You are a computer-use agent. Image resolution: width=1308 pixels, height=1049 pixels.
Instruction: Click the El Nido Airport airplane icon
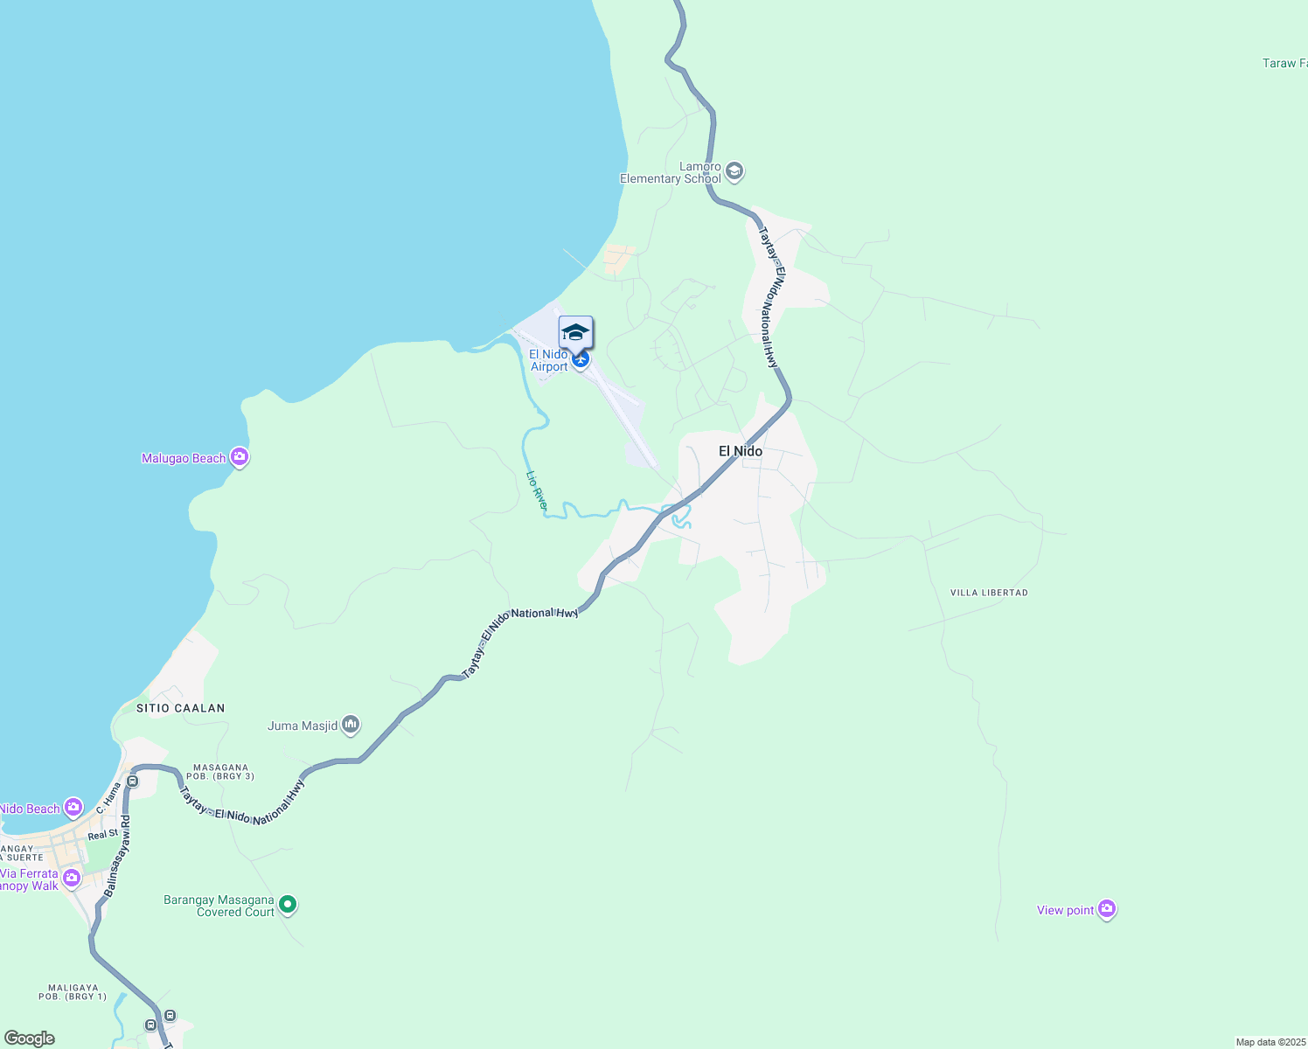(x=580, y=358)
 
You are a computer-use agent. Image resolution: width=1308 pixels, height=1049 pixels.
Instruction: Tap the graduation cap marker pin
(x=575, y=333)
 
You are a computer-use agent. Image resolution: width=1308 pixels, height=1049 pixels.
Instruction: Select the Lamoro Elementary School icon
(x=734, y=171)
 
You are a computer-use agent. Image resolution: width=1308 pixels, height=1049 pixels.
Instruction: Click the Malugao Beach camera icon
(x=239, y=457)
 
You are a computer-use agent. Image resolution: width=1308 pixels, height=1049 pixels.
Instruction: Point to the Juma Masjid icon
(x=351, y=725)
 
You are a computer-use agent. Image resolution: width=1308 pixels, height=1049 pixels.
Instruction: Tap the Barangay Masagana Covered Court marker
(x=288, y=905)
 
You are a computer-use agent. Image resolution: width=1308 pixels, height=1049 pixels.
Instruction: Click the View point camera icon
(x=1107, y=910)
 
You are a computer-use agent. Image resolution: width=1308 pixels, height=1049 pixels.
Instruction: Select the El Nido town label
(x=740, y=451)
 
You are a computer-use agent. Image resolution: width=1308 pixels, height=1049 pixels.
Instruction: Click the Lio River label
(x=537, y=490)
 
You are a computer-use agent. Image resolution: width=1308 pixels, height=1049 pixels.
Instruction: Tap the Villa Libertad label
(x=989, y=593)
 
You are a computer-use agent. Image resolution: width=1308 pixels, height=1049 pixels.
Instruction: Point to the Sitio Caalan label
(x=180, y=708)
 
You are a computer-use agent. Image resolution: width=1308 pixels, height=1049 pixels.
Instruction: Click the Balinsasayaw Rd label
(x=117, y=858)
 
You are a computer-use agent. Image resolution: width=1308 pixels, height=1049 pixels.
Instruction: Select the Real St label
(x=102, y=835)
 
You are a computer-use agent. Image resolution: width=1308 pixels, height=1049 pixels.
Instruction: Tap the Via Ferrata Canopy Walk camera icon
(x=72, y=877)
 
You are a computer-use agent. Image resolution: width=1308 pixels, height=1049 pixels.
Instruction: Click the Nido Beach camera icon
(x=73, y=807)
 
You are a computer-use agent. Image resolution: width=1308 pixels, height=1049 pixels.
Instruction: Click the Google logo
(x=30, y=1039)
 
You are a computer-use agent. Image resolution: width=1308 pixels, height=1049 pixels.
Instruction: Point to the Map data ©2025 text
(x=1270, y=1042)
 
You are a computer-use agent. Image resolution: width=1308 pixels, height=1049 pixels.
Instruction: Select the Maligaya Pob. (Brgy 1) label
(x=73, y=992)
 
